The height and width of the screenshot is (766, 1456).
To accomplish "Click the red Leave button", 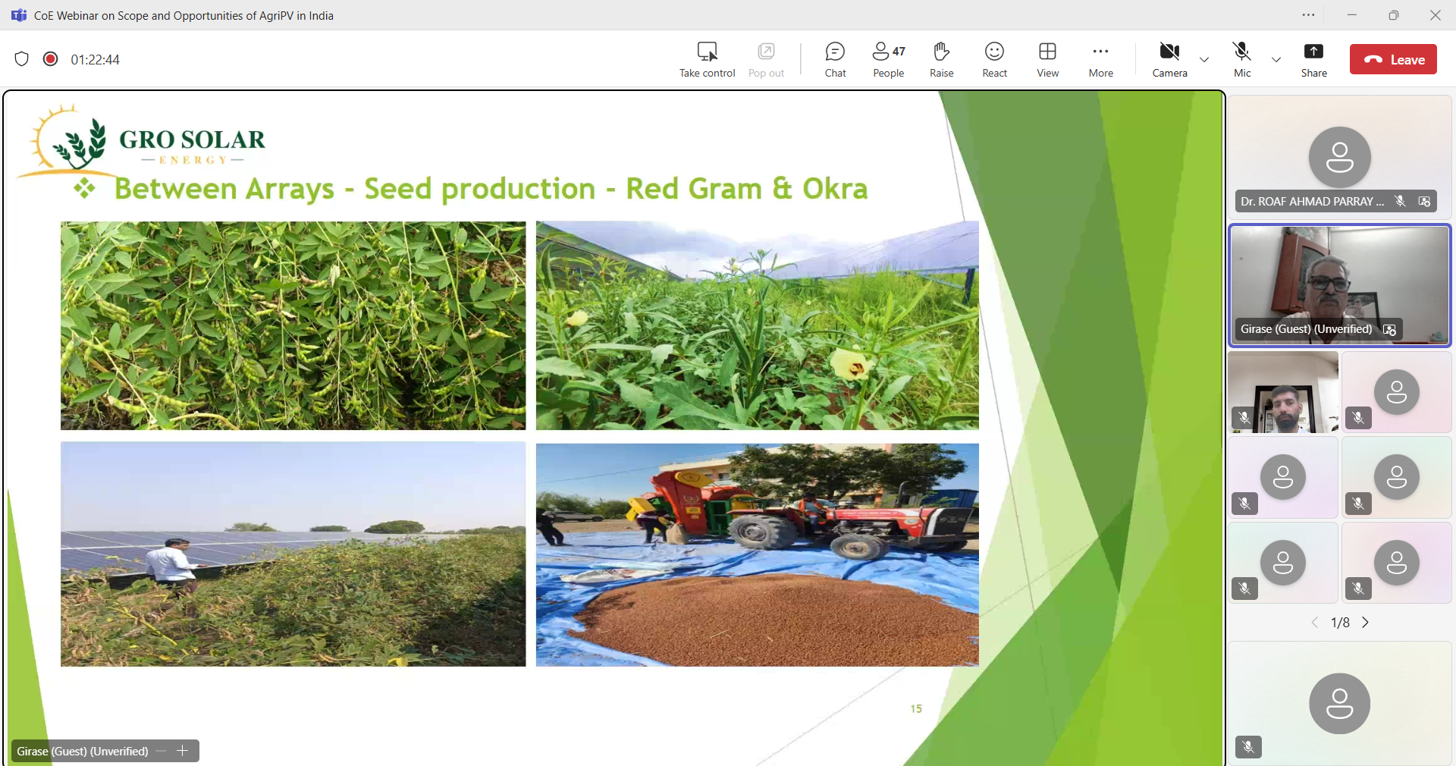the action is [x=1393, y=59].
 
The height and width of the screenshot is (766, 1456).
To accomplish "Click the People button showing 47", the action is [x=888, y=59].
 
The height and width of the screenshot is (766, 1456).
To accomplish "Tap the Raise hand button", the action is [x=941, y=59].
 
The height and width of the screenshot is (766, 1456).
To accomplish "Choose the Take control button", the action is [x=707, y=59].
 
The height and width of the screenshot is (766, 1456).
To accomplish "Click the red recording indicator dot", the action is [x=51, y=59].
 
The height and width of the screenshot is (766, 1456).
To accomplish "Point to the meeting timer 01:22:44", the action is [x=96, y=60].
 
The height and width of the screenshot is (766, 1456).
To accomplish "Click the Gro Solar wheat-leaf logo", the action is [x=80, y=143].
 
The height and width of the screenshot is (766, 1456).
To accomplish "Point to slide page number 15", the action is [x=916, y=708].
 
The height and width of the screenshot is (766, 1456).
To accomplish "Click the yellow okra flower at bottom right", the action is [x=852, y=365].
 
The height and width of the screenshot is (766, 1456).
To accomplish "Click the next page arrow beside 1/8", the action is [x=1365, y=623].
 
